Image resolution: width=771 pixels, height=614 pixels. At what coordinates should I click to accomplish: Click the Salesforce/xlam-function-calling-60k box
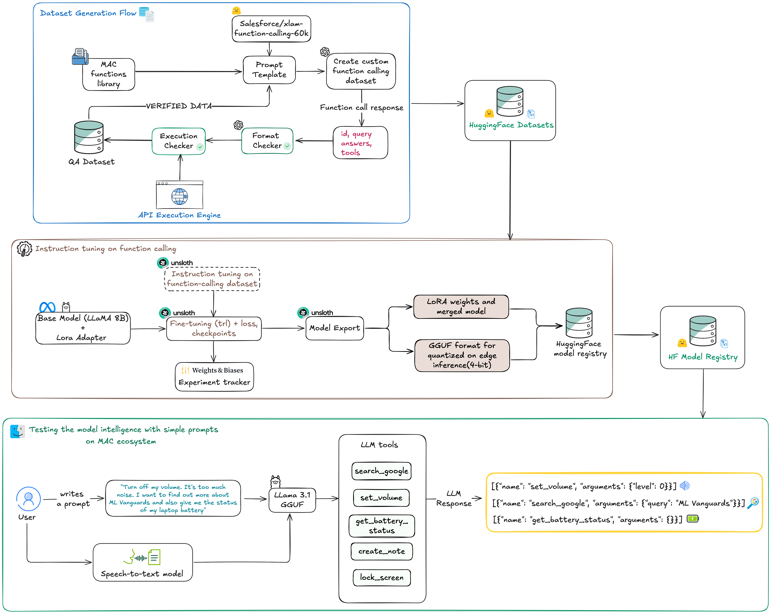pos(271,29)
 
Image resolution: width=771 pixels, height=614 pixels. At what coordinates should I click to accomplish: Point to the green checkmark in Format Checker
pos(287,146)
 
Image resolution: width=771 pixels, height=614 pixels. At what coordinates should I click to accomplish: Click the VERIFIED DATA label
pos(179,106)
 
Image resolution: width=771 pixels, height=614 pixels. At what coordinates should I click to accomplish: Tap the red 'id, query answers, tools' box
pos(360,143)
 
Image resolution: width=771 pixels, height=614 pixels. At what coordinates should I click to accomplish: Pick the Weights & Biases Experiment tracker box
pos(214,377)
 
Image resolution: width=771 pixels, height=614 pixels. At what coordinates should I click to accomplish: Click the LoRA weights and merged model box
pos(461,306)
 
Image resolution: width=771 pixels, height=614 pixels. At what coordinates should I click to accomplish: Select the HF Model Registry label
pos(703,357)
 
